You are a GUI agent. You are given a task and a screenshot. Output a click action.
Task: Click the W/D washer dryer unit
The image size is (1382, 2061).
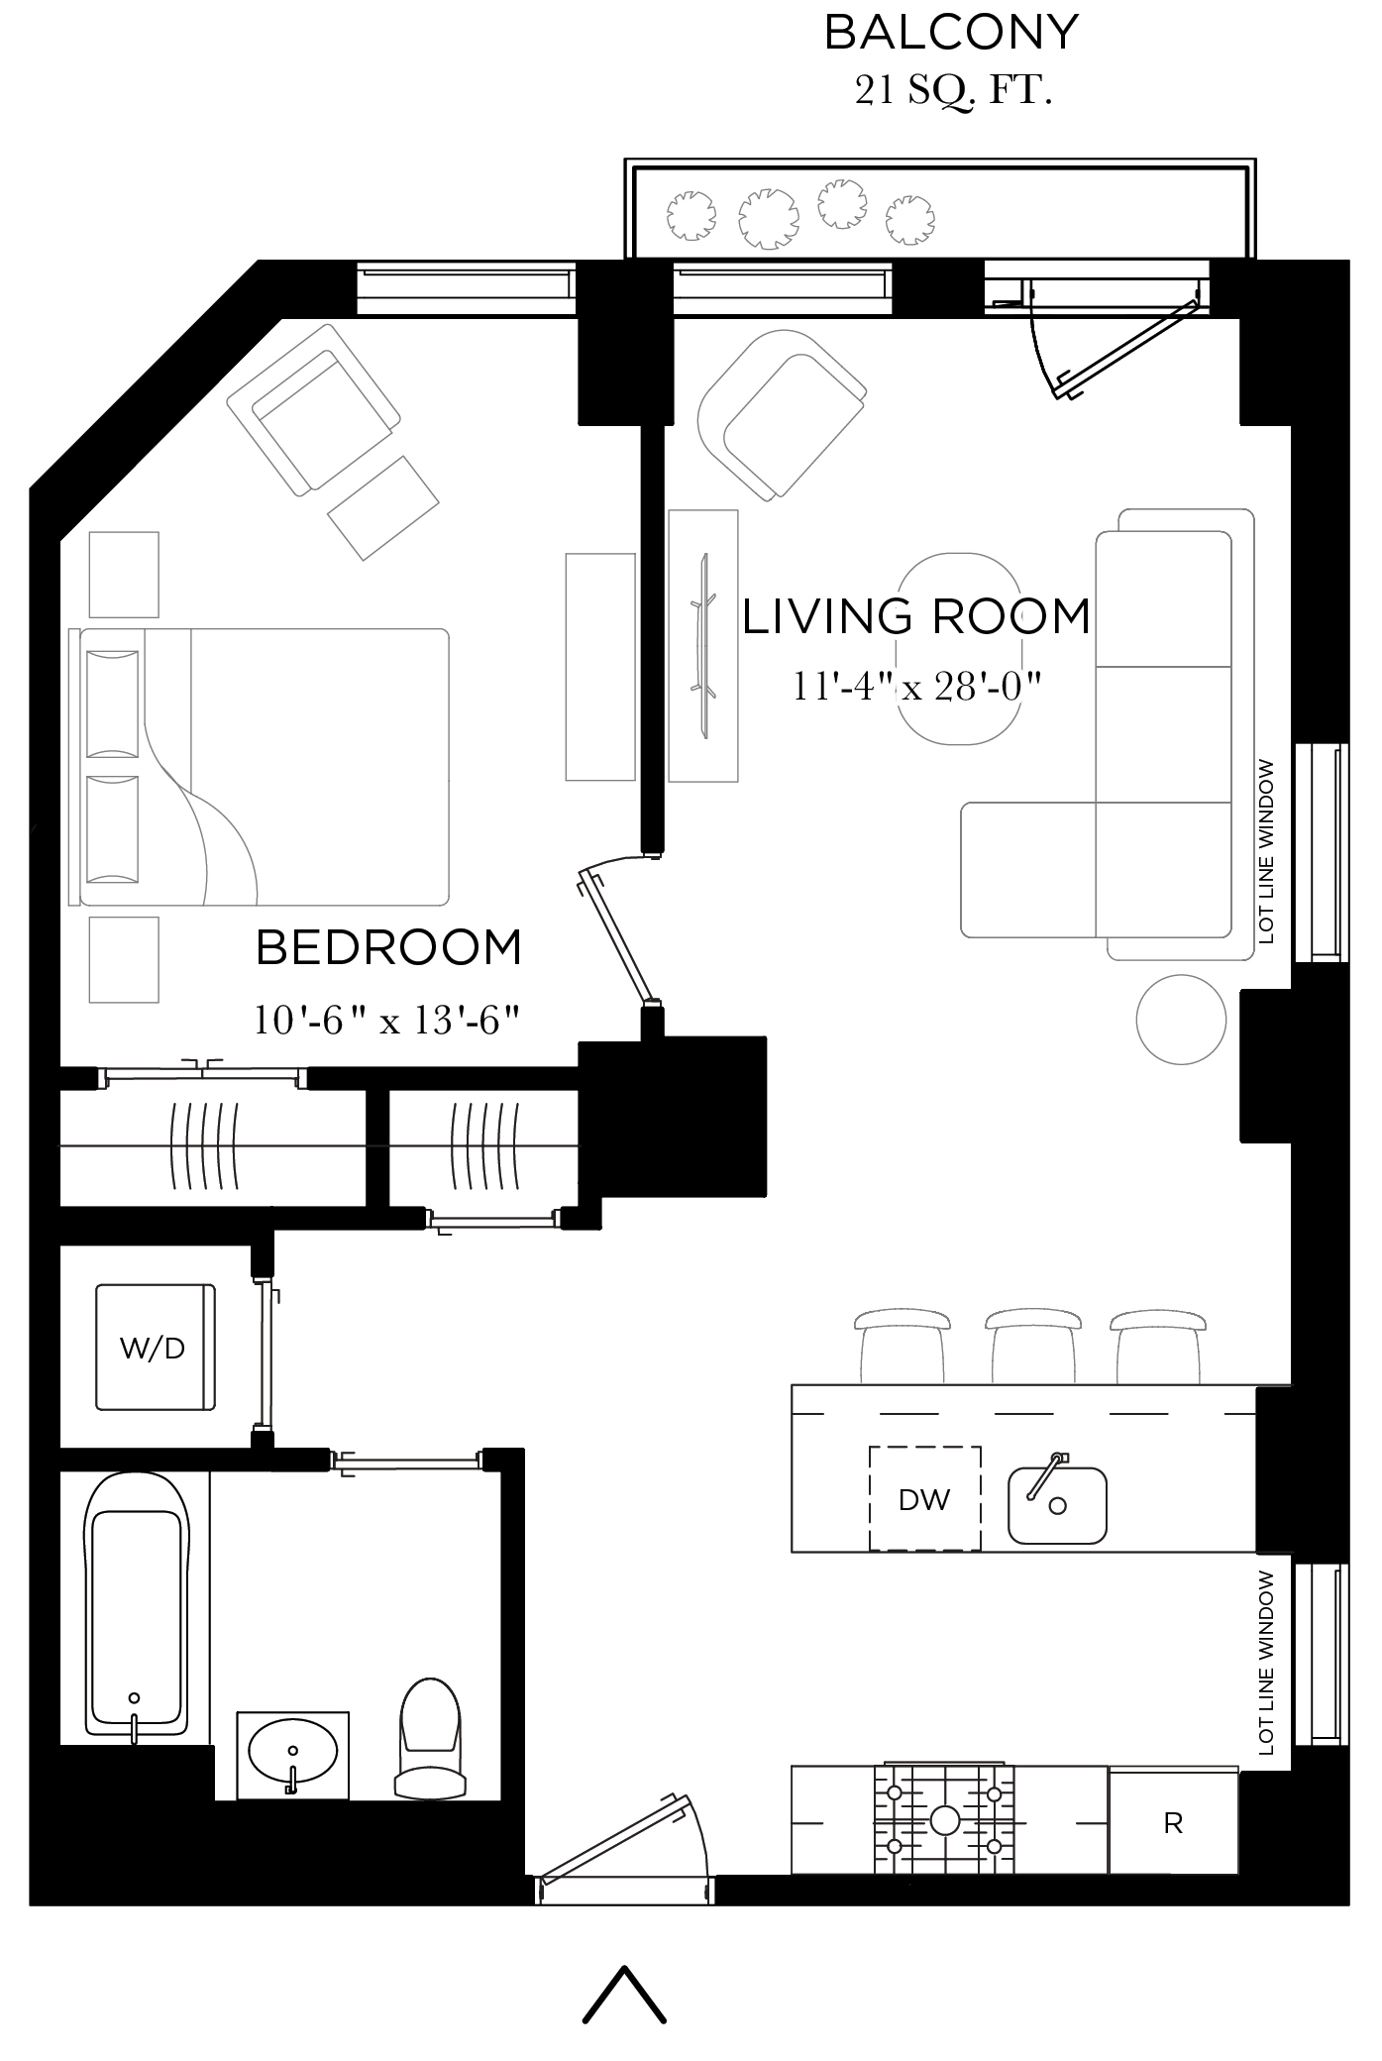pyautogui.click(x=155, y=1347)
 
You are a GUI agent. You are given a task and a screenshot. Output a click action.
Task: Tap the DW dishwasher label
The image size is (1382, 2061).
pyautogui.click(x=923, y=1499)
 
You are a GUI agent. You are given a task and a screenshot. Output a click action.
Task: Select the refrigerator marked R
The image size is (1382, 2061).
pyautogui.click(x=1173, y=1822)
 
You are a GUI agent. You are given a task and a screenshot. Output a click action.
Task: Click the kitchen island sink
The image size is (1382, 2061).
pyautogui.click(x=1057, y=1505)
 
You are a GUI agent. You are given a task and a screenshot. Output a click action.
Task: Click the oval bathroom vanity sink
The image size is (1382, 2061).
pyautogui.click(x=292, y=1752)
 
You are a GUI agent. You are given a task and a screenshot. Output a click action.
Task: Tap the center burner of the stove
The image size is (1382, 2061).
pyautogui.click(x=944, y=1820)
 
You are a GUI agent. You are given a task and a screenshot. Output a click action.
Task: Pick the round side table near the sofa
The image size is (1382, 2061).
pyautogui.click(x=1181, y=1020)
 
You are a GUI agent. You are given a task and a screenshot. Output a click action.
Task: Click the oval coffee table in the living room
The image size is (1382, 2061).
pyautogui.click(x=959, y=648)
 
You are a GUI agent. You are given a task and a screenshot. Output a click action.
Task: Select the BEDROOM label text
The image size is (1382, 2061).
pyautogui.click(x=388, y=947)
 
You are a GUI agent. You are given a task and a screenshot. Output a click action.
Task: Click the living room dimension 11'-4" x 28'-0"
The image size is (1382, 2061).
pyautogui.click(x=917, y=686)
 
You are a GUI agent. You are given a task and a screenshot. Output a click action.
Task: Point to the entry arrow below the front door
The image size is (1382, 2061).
pyautogui.click(x=624, y=1994)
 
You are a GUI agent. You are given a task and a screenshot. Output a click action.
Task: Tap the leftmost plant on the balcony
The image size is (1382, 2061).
pyautogui.click(x=691, y=214)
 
